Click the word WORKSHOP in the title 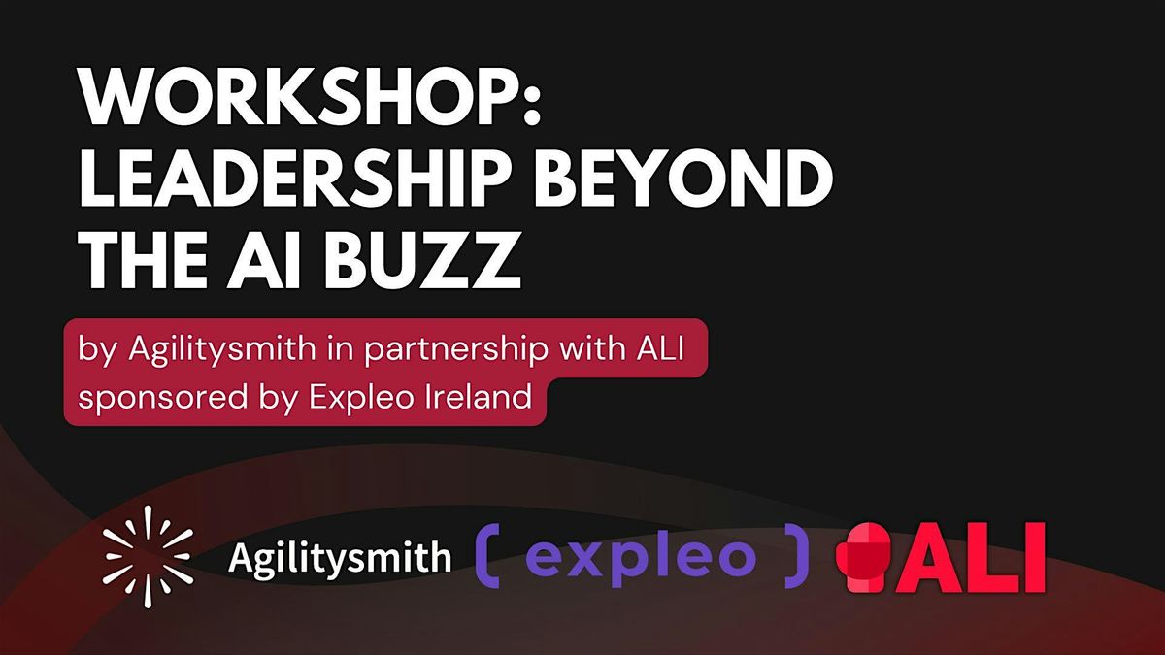[291, 99]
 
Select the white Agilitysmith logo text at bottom [339, 558]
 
